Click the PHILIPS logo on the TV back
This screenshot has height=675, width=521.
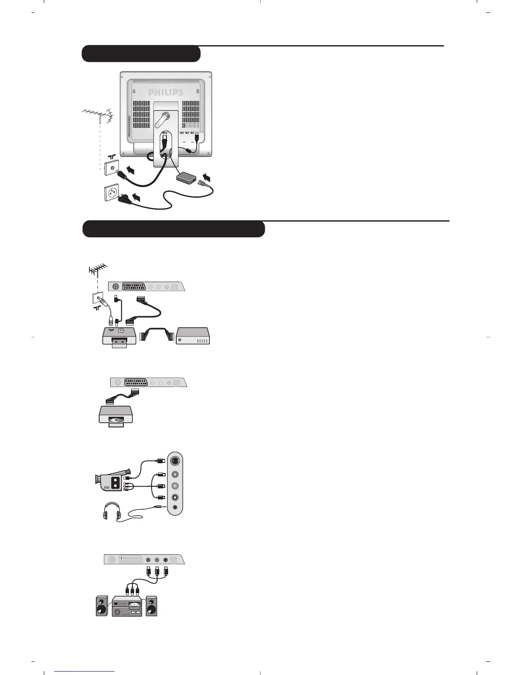coord(166,92)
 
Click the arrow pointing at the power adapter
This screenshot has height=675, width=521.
coord(207,176)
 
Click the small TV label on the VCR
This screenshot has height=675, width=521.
coord(121,330)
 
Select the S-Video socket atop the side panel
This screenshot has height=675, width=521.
coord(175,461)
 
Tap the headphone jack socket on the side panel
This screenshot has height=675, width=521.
coord(175,507)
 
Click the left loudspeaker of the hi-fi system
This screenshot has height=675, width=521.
coord(102,606)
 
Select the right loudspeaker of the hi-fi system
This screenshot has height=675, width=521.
coord(151,606)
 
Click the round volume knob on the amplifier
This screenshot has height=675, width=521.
coord(117,612)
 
